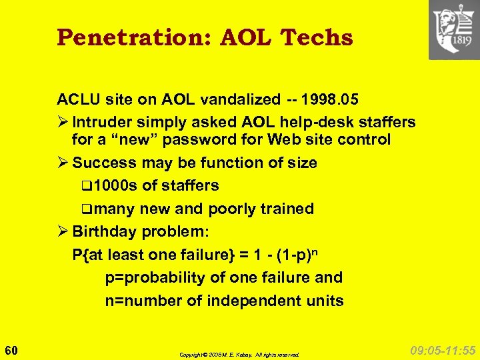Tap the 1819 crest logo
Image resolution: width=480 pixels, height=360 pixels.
[x=454, y=29]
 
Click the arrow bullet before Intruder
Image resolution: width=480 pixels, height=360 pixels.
[x=63, y=123]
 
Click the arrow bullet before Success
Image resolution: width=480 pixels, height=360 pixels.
[x=63, y=163]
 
